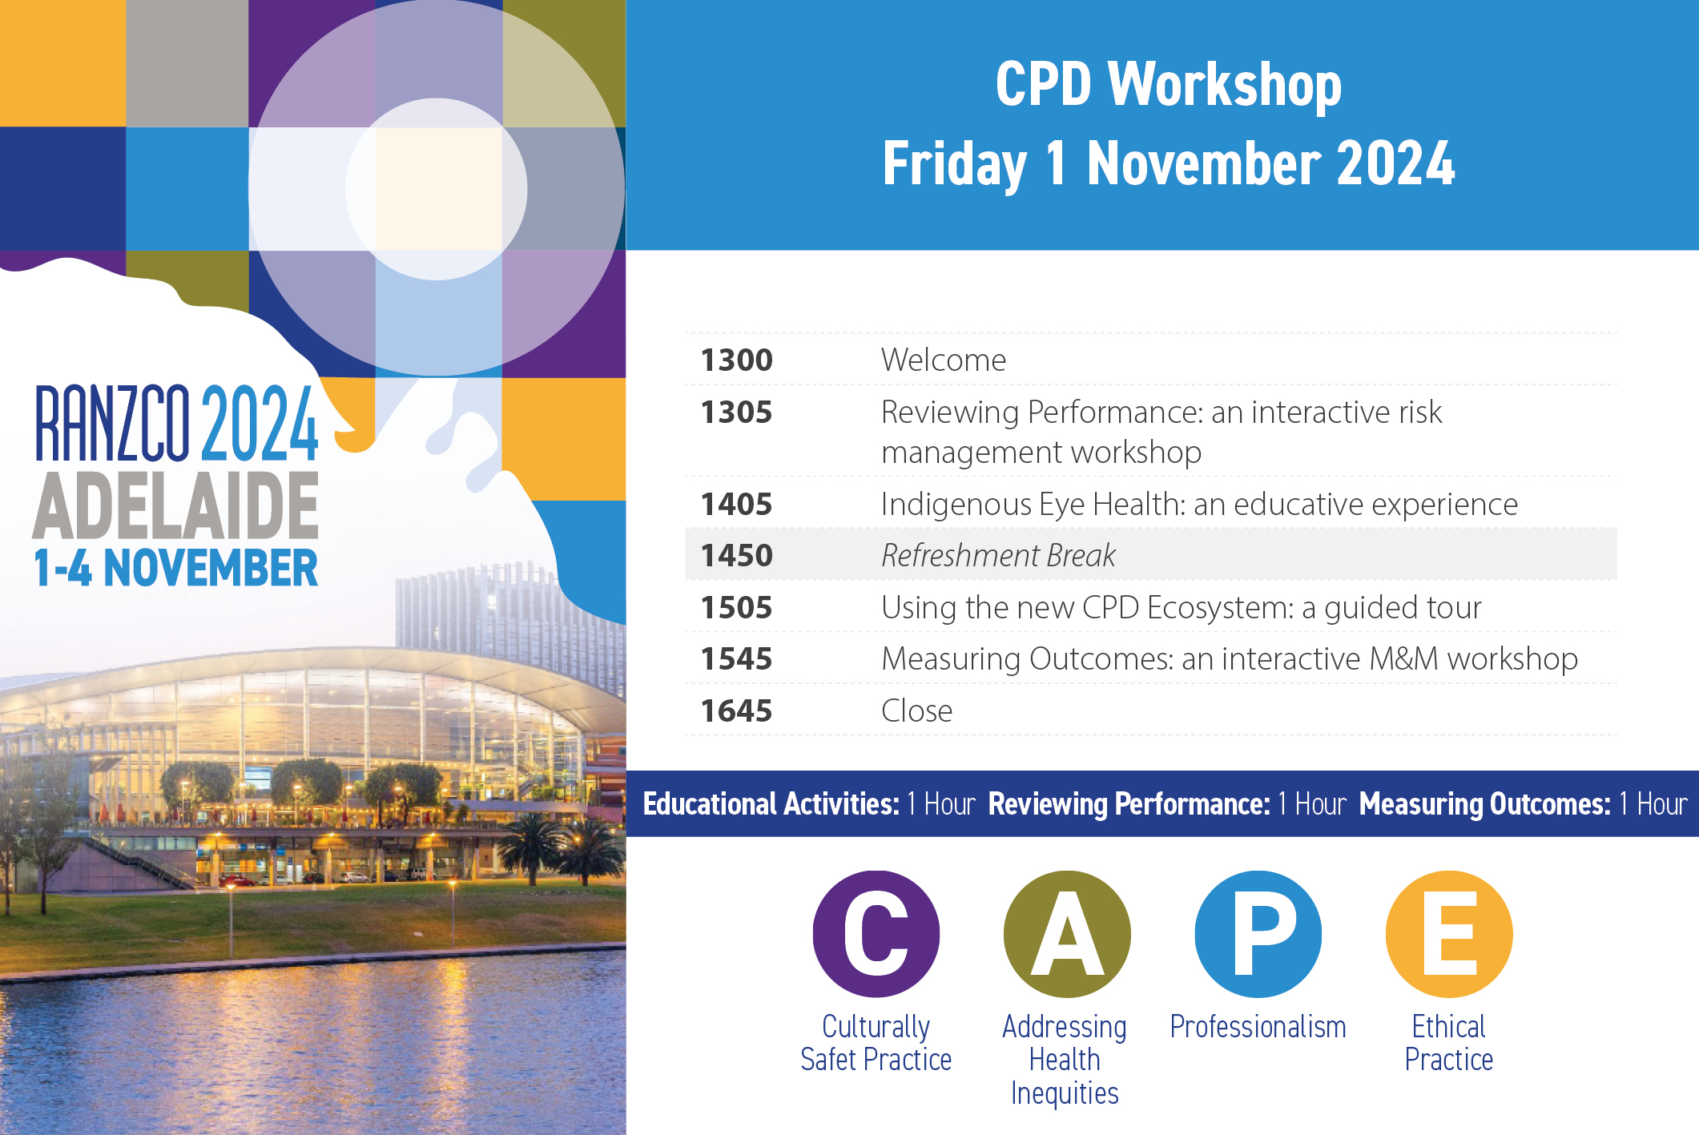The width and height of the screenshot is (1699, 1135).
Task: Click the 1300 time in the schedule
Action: click(x=736, y=360)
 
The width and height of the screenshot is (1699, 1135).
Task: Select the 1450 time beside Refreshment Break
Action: click(x=736, y=556)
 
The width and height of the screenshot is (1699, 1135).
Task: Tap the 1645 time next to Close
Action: click(x=736, y=711)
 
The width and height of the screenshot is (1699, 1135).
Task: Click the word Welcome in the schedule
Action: click(x=944, y=360)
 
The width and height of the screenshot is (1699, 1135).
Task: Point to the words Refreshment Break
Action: click(x=998, y=556)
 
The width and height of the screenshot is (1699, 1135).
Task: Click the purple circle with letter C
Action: click(x=876, y=934)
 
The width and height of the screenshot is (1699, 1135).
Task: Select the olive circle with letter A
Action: click(x=1067, y=934)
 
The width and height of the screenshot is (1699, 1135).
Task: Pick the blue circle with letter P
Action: click(x=1258, y=934)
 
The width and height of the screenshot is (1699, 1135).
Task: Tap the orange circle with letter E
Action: click(x=1449, y=934)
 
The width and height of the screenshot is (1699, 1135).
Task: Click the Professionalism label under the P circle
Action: click(x=1258, y=1027)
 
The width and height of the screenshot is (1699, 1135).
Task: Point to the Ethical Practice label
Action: click(x=1449, y=1043)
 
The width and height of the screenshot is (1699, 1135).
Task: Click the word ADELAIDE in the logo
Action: click(x=176, y=506)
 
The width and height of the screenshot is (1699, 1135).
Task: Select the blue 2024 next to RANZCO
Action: click(x=260, y=423)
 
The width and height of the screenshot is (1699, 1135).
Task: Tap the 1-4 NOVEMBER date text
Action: click(x=176, y=568)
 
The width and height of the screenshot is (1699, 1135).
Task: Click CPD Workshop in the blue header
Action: click(x=1169, y=85)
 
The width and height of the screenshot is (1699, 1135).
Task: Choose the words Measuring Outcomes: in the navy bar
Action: click(x=1484, y=804)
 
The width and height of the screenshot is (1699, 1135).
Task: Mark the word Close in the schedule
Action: click(x=917, y=711)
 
